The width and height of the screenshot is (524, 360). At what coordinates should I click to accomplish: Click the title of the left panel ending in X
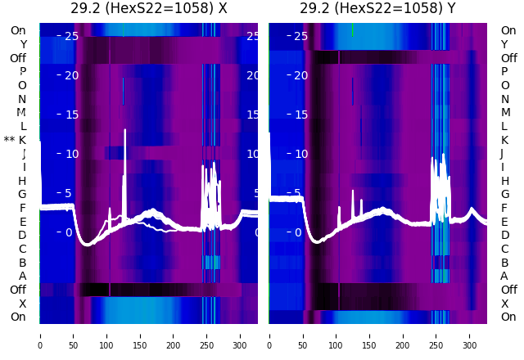pos(149,9)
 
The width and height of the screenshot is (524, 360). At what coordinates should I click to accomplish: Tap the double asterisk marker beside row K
pos(9,141)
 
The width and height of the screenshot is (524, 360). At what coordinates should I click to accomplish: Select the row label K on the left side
pos(23,140)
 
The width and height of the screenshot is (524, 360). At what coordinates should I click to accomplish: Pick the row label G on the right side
pos(504,195)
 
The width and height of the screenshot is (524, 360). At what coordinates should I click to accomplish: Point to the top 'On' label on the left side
pos(18,31)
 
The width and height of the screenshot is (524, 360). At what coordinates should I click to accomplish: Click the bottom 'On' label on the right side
pos(508,317)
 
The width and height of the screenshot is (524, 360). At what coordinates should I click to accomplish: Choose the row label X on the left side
pos(23,304)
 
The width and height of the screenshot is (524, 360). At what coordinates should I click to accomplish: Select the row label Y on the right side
pos(504,45)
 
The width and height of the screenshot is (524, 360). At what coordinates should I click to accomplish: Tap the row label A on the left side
pos(23,276)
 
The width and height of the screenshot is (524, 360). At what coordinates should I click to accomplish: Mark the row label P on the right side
pos(504,72)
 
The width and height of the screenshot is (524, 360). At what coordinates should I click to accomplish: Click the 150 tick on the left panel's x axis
pos(140,335)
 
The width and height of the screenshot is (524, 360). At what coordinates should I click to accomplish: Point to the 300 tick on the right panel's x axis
pos(470,335)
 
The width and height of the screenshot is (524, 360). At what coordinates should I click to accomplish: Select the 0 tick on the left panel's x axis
pos(39,335)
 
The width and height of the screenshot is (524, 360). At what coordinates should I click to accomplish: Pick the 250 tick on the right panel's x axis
pos(436,335)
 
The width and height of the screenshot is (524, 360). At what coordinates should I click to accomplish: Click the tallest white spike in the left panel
pos(124,131)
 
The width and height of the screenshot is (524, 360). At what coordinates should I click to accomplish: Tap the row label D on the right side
pos(504,236)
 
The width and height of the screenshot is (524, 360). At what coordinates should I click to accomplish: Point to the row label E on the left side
pos(23,222)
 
